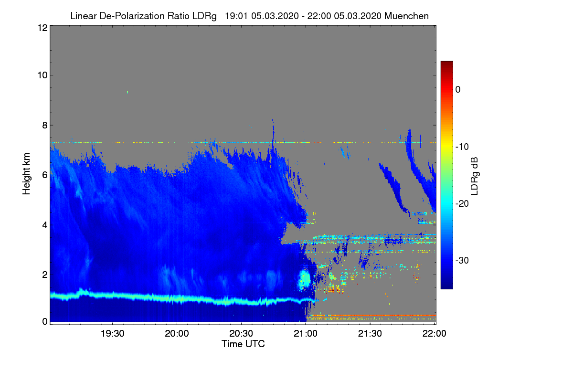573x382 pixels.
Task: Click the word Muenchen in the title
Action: pyautogui.click(x=406, y=16)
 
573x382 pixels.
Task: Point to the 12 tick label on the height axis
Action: pyautogui.click(x=42, y=28)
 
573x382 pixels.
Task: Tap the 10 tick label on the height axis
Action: pyautogui.click(x=42, y=75)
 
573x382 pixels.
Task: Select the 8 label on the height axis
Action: pyautogui.click(x=45, y=125)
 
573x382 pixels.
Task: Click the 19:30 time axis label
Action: pyautogui.click(x=112, y=333)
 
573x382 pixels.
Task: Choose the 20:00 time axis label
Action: pyautogui.click(x=177, y=333)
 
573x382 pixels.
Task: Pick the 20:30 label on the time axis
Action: pyautogui.click(x=241, y=333)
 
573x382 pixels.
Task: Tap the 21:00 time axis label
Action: pyautogui.click(x=306, y=333)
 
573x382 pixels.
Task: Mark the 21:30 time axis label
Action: pyautogui.click(x=370, y=333)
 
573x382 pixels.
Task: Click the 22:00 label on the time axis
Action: pyautogui.click(x=435, y=333)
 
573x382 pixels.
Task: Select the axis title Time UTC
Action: pyautogui.click(x=243, y=344)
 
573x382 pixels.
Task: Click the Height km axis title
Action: pyautogui.click(x=26, y=174)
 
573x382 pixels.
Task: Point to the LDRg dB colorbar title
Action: pyautogui.click(x=474, y=176)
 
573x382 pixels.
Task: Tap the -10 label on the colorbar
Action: pyautogui.click(x=462, y=147)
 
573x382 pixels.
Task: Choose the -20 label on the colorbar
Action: pyautogui.click(x=462, y=204)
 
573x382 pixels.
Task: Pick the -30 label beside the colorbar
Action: pyautogui.click(x=462, y=260)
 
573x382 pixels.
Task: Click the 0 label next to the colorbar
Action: pyautogui.click(x=458, y=90)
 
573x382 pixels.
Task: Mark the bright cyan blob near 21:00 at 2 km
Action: pyautogui.click(x=305, y=279)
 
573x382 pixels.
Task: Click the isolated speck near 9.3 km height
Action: pyautogui.click(x=127, y=92)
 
